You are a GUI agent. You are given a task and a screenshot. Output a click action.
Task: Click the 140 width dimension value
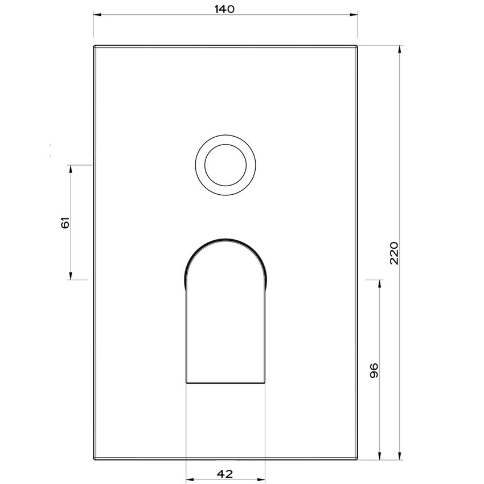point(225,9)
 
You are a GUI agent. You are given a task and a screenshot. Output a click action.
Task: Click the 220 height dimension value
point(395,252)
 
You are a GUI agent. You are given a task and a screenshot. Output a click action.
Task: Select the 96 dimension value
point(374,370)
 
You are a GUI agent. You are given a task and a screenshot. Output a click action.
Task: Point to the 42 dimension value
point(225,474)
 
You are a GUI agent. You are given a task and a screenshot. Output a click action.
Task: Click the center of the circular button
point(226,166)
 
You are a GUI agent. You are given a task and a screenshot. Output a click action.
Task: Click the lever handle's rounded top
point(226,242)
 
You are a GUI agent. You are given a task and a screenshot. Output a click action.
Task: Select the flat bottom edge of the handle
point(226,383)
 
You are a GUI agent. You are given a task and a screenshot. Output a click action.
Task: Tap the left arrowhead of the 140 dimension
point(97,17)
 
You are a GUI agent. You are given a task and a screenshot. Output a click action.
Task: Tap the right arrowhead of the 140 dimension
point(354,17)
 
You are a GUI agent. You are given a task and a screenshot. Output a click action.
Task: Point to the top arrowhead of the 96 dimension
point(380,283)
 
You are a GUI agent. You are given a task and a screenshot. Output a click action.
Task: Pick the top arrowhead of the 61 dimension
point(71,169)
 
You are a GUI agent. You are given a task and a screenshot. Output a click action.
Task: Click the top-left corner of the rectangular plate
point(94,46)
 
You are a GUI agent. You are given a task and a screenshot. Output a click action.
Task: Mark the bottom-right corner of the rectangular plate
point(357,459)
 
